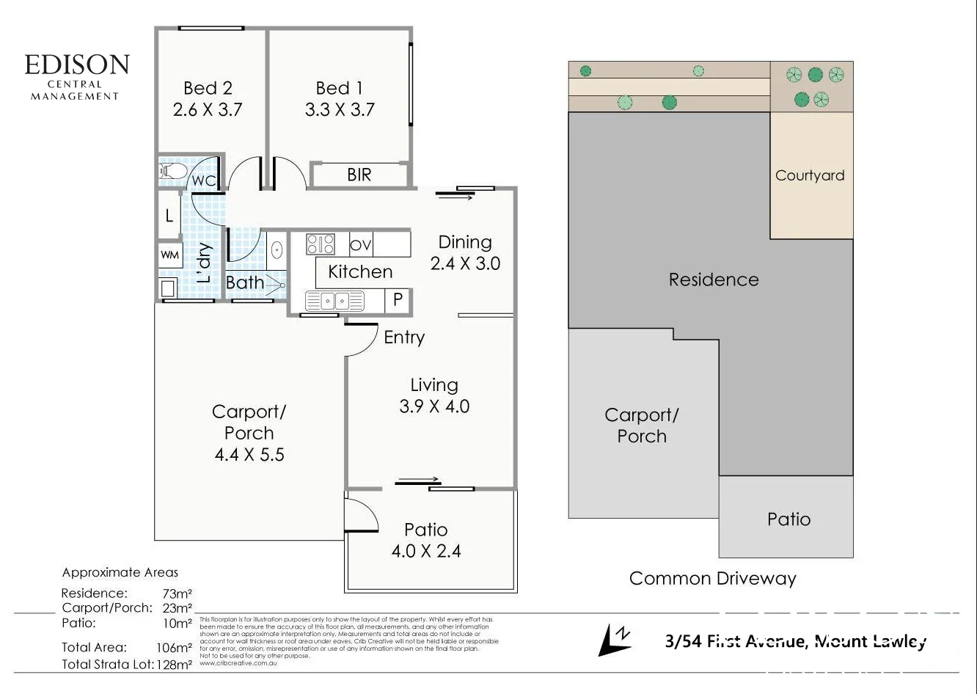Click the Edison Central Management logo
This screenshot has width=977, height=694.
[x=76, y=76]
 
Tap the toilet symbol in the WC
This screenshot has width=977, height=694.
[x=172, y=172]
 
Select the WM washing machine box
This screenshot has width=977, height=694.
[x=169, y=255]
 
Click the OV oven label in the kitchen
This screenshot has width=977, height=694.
[x=360, y=244]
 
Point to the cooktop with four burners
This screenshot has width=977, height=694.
[x=320, y=244]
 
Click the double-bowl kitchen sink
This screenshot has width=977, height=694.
[x=334, y=300]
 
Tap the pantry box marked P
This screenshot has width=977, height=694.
[x=398, y=300]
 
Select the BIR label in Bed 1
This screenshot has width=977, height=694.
[x=359, y=175]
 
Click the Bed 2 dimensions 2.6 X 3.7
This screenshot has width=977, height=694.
[x=208, y=110]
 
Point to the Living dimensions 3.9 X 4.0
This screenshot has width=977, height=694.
[x=434, y=406]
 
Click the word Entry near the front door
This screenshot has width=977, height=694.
[x=404, y=337]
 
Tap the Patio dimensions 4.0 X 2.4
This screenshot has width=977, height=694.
[x=426, y=551]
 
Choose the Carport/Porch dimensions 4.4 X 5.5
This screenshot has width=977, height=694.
[x=249, y=455]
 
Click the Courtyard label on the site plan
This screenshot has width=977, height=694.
[x=810, y=175]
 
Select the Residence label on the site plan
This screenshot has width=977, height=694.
[x=713, y=280]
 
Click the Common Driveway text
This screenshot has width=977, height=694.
[x=712, y=578]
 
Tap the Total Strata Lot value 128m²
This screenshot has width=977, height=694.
[x=178, y=665]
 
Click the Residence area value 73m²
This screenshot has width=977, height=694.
[x=178, y=593]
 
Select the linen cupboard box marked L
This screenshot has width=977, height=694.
[x=169, y=216]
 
